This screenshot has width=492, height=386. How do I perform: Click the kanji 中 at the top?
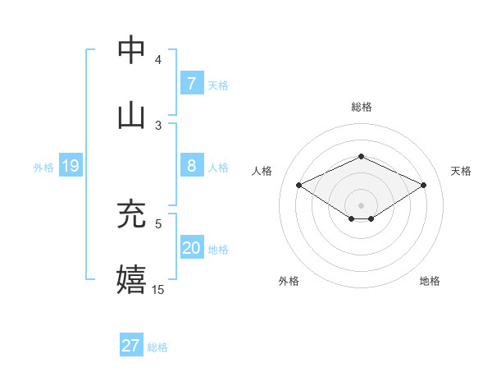tap(131, 50)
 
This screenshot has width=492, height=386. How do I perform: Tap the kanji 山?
tap(131, 115)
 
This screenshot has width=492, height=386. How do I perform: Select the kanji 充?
tap(131, 214)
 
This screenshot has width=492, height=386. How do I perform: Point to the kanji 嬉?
tap(131, 279)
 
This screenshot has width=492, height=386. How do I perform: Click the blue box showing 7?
tap(191, 83)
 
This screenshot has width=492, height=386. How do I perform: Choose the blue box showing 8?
tap(191, 166)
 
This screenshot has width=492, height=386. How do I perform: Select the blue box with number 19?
tap(70, 166)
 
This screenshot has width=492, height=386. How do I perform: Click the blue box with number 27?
tap(130, 346)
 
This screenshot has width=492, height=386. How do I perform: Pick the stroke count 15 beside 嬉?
tap(158, 290)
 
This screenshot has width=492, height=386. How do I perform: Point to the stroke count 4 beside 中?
tap(158, 60)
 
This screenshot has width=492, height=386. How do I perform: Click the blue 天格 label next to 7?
tap(218, 85)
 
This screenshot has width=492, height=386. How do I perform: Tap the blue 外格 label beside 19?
tap(43, 168)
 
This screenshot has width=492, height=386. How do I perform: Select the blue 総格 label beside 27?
tap(157, 347)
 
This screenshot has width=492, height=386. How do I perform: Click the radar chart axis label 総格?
tap(362, 107)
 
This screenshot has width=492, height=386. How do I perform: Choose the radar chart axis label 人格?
tap(262, 171)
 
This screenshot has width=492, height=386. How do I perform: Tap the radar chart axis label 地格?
tap(430, 281)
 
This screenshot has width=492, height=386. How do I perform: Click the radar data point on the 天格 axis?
tap(423, 186)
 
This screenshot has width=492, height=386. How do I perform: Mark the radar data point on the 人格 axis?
tap(299, 186)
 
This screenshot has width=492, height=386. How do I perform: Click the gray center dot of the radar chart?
tap(361, 204)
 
